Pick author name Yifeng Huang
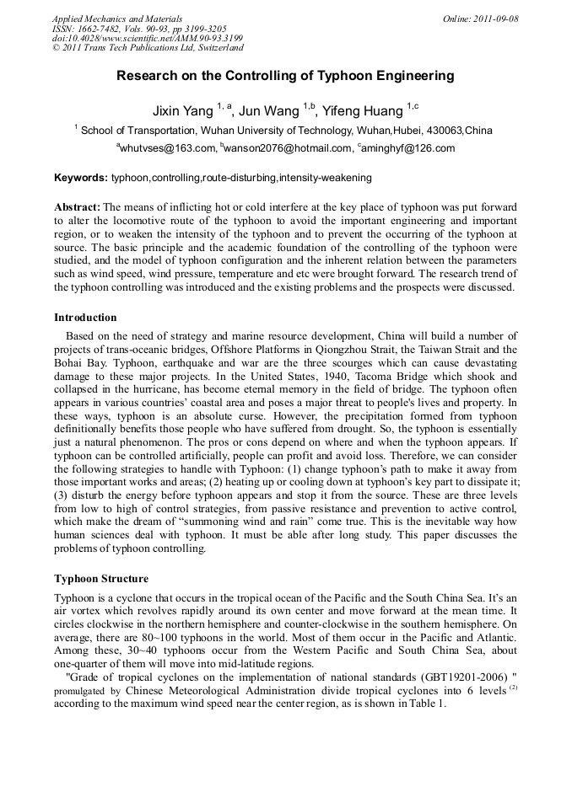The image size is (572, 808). (363, 111)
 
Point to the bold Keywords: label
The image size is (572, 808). (81, 178)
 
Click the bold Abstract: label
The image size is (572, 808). (78, 206)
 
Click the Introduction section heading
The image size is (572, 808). (85, 318)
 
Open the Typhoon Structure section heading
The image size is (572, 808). (101, 579)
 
